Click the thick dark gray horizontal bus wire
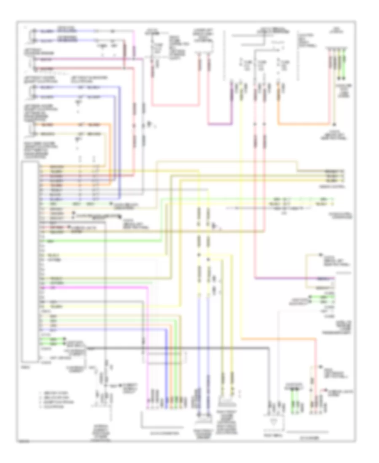tap(177, 349)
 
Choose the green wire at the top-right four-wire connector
tap(345, 63)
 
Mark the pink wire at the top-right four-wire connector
tap(329, 63)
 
